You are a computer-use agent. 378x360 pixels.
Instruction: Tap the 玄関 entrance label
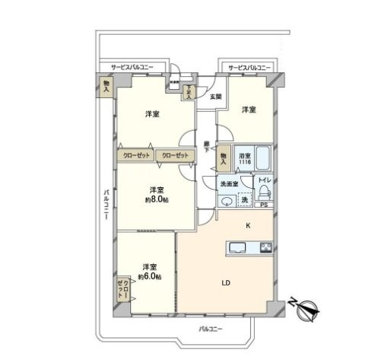(215, 97)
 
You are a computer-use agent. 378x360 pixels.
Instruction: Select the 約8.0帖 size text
(157, 200)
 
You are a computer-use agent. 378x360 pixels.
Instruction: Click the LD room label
(225, 283)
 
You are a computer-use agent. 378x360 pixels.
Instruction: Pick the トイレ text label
(263, 180)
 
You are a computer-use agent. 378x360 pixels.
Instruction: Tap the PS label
(263, 205)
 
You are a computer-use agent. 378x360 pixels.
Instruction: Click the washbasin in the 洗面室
(226, 201)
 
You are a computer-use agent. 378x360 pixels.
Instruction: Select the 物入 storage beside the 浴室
(224, 158)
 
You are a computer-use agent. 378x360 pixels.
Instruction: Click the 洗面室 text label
(230, 183)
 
